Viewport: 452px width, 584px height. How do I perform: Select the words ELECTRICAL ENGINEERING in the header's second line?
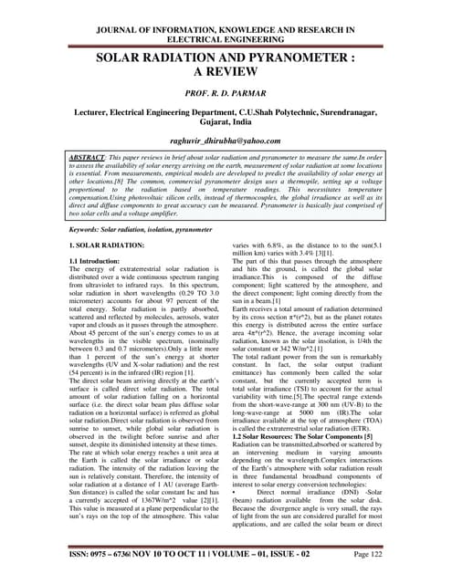point(225,26)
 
